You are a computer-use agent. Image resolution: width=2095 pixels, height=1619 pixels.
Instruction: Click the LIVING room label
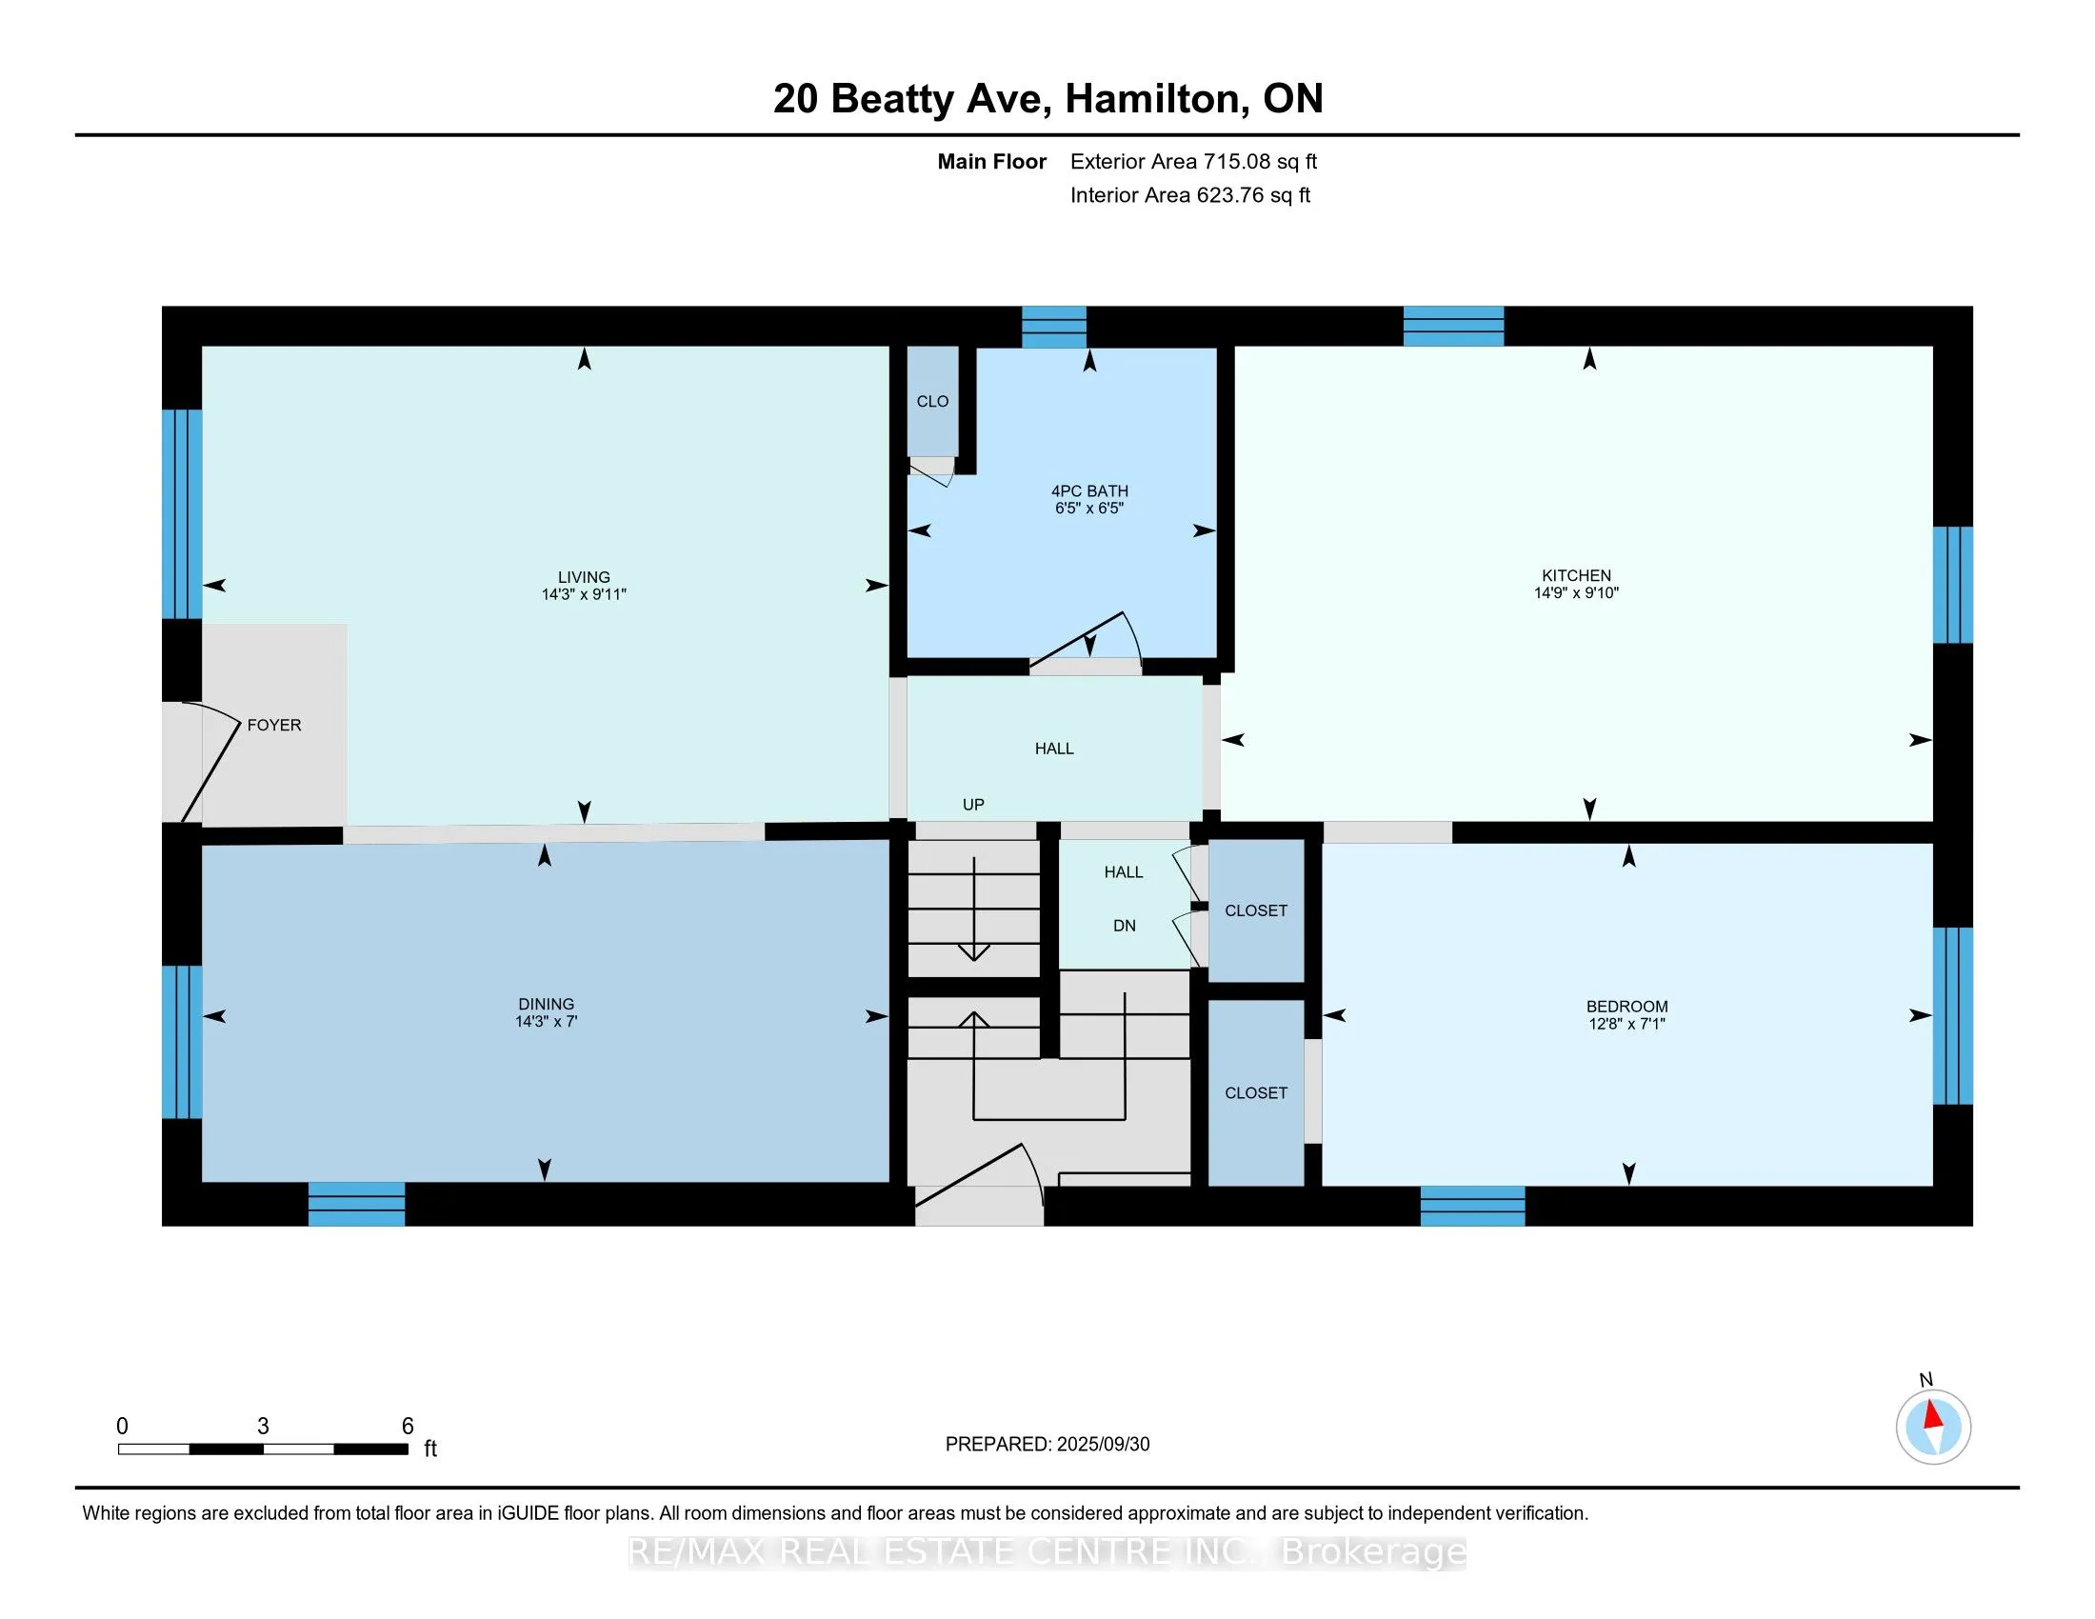[x=583, y=576]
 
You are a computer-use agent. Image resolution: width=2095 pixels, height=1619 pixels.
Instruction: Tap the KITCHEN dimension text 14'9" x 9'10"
[x=1576, y=592]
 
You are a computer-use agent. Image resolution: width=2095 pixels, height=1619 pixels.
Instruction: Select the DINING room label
[x=546, y=1004]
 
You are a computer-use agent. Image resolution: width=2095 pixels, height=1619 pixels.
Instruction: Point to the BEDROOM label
[x=1626, y=1006]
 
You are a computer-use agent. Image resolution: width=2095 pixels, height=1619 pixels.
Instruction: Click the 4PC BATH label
[x=1089, y=491]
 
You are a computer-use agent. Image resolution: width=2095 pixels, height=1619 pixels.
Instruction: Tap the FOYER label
[x=274, y=725]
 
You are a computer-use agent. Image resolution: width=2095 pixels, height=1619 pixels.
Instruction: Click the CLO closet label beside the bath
[x=932, y=401]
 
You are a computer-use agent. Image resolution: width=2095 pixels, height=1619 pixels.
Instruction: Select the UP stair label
[x=973, y=805]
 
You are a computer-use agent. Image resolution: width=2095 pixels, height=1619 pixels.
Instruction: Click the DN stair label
[x=1125, y=926]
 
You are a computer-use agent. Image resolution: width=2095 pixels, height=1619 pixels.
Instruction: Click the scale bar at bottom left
[x=264, y=1449]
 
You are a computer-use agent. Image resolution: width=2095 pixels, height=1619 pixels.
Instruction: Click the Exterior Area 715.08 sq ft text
[x=1193, y=162]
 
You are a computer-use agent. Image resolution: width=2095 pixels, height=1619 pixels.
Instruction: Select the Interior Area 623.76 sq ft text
[x=1189, y=195]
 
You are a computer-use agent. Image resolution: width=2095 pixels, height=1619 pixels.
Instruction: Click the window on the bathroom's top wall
[x=1053, y=327]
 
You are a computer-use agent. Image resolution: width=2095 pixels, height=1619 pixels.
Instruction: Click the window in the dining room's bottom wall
[x=356, y=1204]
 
